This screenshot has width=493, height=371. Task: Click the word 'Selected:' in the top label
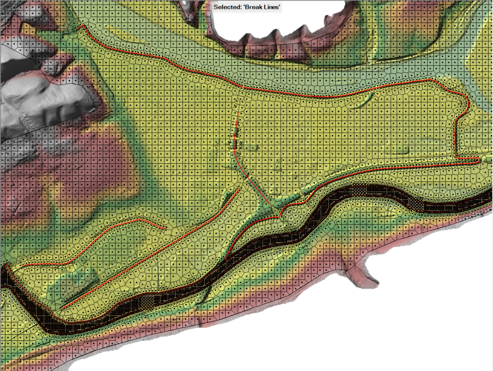[x=228, y=7]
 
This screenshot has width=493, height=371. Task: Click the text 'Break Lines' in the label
[x=262, y=7]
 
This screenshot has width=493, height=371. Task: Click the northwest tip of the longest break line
[x=82, y=26]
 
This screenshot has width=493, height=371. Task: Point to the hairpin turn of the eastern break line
[x=467, y=104]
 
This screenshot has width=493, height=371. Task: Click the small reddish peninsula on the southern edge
[x=367, y=274]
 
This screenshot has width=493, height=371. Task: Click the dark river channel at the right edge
[x=482, y=200]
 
